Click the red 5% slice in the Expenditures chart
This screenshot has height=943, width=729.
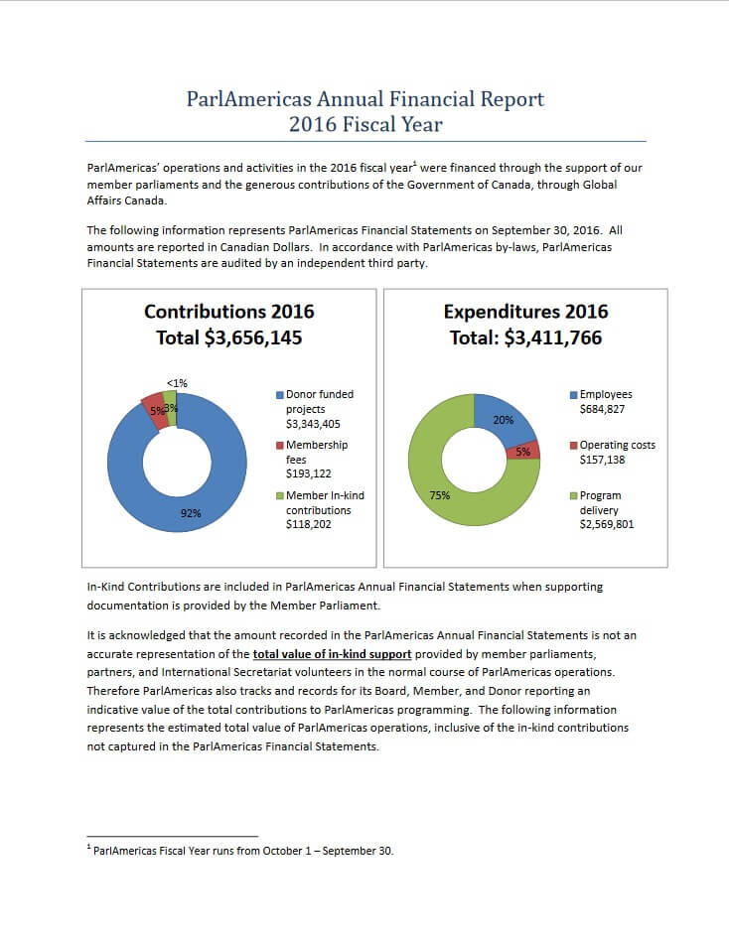tap(523, 451)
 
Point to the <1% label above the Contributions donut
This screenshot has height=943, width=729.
tap(177, 383)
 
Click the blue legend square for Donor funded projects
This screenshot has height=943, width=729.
tap(279, 395)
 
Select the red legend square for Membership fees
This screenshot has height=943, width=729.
tap(279, 446)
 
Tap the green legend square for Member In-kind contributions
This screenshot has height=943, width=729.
tap(279, 496)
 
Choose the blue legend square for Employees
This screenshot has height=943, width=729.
tap(573, 395)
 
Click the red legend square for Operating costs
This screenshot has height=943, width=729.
tap(573, 446)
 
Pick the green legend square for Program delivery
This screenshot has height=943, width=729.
tap(573, 496)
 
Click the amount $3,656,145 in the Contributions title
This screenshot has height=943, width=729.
tap(253, 337)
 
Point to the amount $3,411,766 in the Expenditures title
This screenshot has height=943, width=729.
tap(552, 337)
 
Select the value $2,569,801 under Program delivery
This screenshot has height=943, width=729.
tap(607, 524)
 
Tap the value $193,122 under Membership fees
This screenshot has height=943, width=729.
tap(308, 473)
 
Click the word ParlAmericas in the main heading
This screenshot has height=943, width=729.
tap(248, 98)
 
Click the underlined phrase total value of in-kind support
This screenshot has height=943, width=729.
tap(333, 654)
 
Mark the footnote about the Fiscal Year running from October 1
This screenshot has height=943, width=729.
tap(240, 851)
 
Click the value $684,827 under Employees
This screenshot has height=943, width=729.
tap(602, 410)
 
